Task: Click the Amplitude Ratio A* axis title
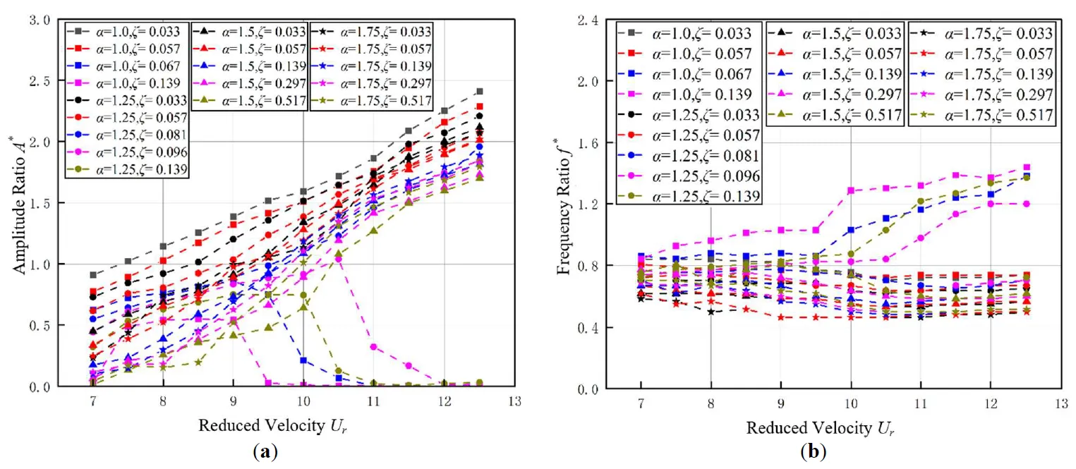click(16, 205)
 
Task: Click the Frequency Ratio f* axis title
click(564, 205)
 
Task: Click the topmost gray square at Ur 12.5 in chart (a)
click(479, 91)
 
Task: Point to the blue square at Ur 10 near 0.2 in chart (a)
click(303, 360)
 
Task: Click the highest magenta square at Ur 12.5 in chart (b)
click(1026, 167)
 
